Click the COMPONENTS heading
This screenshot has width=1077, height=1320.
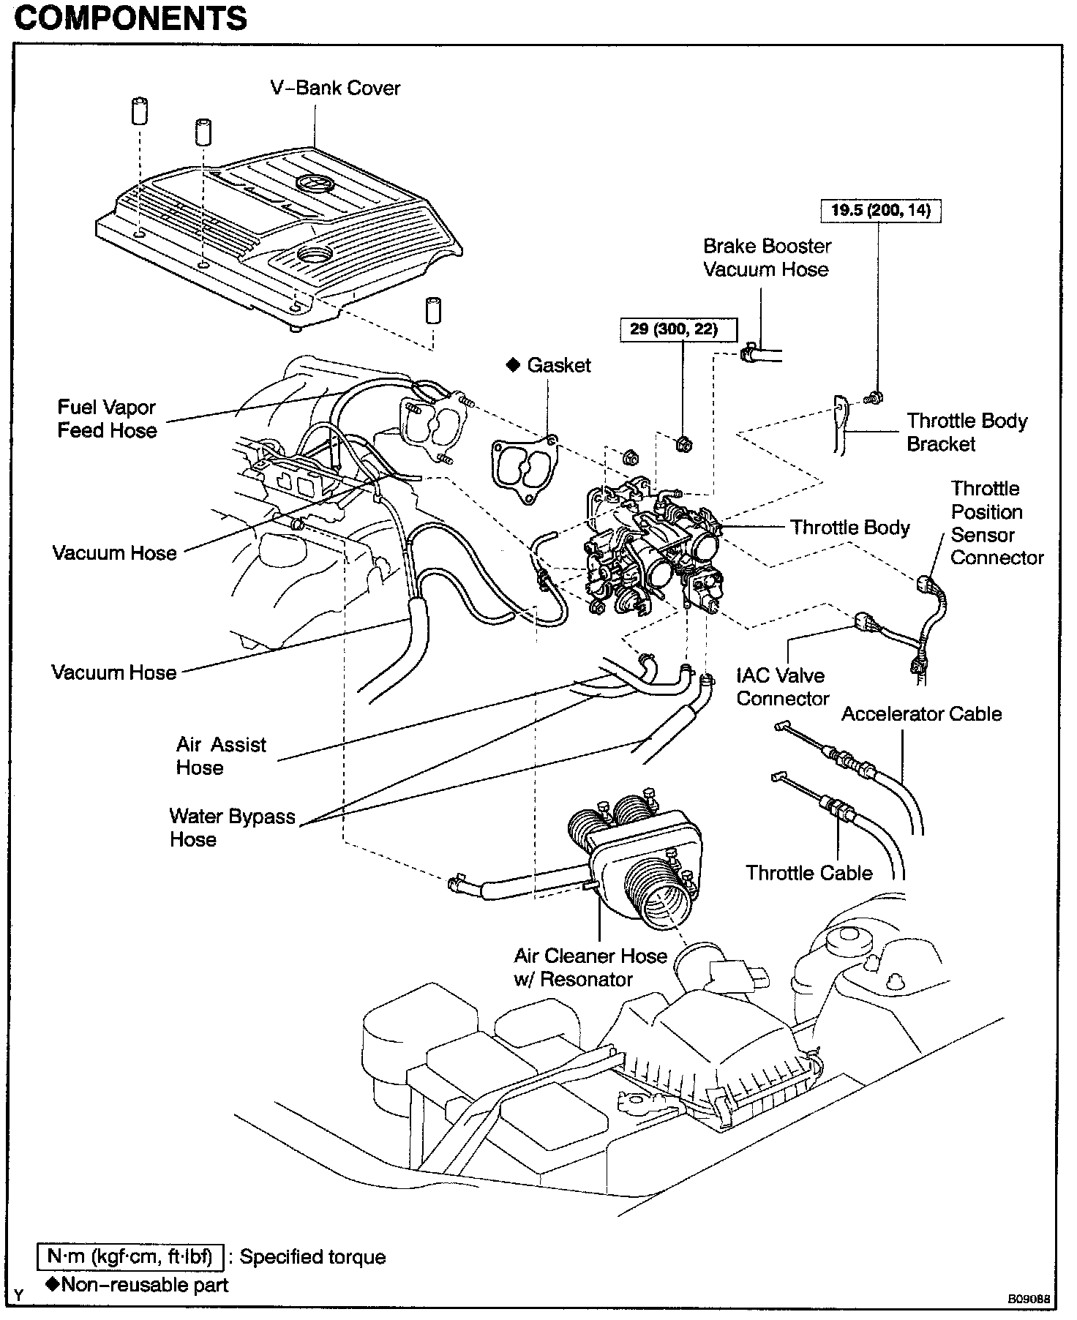pos(131,18)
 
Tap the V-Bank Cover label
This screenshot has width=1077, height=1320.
pos(335,88)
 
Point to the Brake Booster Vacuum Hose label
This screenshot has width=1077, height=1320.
pos(766,258)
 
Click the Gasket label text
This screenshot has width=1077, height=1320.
pos(558,365)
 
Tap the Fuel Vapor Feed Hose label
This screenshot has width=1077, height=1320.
pos(107,419)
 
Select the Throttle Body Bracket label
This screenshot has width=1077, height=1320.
pos(967,432)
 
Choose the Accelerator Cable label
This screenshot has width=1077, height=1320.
pos(921,713)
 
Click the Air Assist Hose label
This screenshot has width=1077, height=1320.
pos(221,756)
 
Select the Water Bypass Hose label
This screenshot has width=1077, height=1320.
pos(232,828)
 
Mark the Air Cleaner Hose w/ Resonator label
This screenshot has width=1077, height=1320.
pos(590,967)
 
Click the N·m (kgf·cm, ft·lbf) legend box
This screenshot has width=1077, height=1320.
pos(130,1257)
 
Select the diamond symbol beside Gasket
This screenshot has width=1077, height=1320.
pos(514,364)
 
